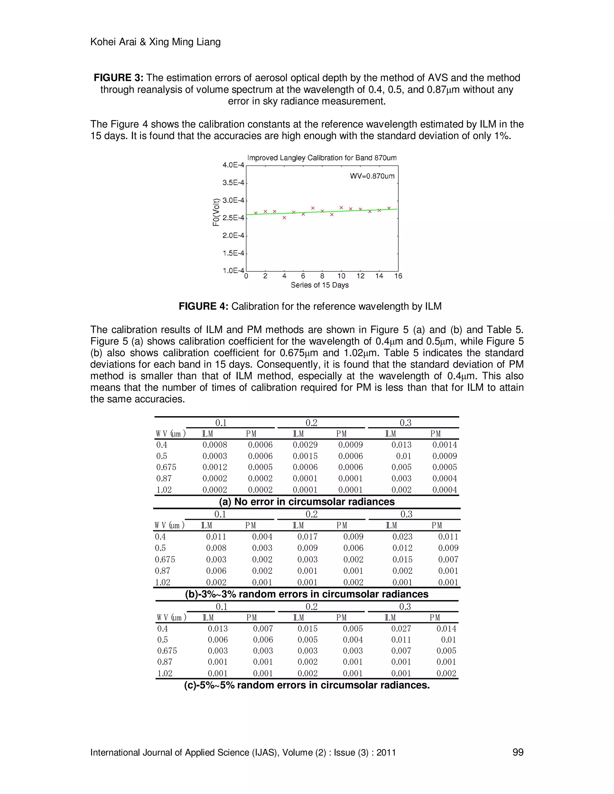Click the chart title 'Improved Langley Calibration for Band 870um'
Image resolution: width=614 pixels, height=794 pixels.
(x=322, y=158)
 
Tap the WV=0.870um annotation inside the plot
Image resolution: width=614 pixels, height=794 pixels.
(x=372, y=176)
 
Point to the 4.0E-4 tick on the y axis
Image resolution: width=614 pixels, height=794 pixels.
(x=233, y=165)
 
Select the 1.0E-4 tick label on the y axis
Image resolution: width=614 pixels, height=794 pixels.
(x=233, y=271)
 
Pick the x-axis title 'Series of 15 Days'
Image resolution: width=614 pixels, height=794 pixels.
(x=319, y=285)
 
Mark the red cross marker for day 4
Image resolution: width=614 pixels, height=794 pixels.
(x=285, y=218)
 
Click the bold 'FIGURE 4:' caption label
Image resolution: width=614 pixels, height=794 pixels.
(x=203, y=307)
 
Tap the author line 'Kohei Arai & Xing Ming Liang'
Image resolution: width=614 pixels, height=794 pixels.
(x=155, y=42)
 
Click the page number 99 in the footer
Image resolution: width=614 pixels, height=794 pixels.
(x=517, y=752)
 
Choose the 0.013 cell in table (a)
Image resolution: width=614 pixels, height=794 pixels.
(x=401, y=445)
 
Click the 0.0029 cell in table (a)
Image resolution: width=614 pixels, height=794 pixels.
(x=305, y=445)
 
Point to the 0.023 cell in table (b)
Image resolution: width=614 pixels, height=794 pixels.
(x=402, y=537)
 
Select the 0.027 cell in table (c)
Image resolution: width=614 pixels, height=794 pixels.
(x=401, y=629)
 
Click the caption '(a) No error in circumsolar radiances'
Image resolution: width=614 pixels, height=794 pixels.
(x=306, y=502)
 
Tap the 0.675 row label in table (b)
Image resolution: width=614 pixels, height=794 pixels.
(x=165, y=559)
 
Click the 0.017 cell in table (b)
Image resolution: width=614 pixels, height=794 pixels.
(x=307, y=537)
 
